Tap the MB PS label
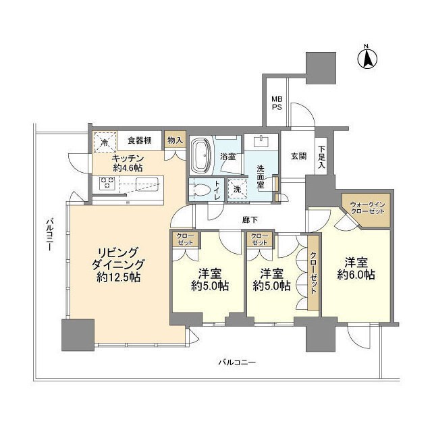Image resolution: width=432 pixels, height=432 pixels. [x=277, y=102]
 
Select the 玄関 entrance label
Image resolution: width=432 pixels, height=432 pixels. [x=298, y=156]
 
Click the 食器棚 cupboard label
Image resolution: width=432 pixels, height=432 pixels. [x=139, y=141]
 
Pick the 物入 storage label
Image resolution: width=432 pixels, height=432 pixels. [x=173, y=140]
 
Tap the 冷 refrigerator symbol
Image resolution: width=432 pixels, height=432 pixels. [x=105, y=142]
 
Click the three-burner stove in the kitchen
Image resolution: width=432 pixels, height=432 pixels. [x=109, y=182]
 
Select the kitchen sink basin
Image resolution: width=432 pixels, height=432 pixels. [x=147, y=184]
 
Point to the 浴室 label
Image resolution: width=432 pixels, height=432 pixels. [x=227, y=157]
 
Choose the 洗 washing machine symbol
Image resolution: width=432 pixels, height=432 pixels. [x=237, y=190]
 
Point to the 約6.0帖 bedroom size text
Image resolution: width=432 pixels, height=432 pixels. [x=356, y=275]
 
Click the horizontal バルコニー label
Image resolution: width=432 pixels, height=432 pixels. [x=236, y=362]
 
